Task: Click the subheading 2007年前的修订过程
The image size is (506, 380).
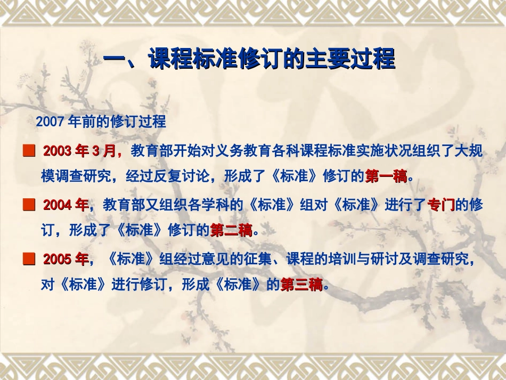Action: click(x=101, y=122)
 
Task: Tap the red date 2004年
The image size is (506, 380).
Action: click(x=66, y=205)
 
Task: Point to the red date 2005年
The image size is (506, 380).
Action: click(x=66, y=260)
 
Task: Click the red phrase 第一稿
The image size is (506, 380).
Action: click(x=386, y=176)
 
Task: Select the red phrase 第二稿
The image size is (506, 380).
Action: click(x=231, y=231)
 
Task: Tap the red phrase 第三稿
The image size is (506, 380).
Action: click(x=301, y=285)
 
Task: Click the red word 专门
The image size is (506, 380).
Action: click(x=442, y=205)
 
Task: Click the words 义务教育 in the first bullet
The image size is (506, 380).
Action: click(x=231, y=151)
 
